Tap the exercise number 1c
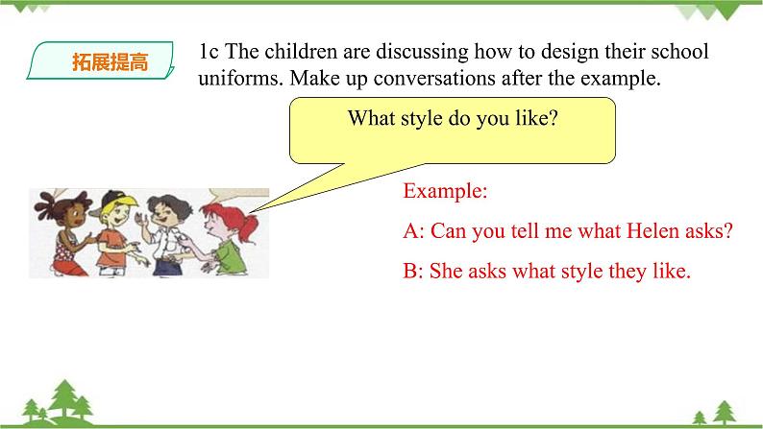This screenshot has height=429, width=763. [210, 52]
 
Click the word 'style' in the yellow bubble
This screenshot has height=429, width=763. [435, 120]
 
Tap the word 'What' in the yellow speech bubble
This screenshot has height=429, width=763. [371, 120]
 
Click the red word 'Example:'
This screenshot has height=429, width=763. [445, 191]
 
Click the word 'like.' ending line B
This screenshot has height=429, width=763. [670, 272]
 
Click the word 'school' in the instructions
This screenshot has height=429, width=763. [677, 52]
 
